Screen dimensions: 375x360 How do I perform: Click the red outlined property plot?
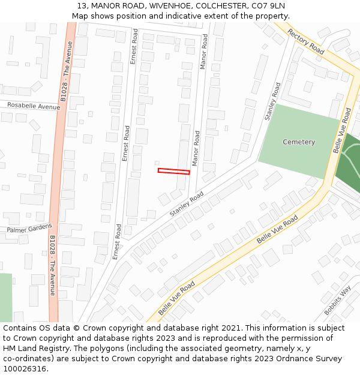173,172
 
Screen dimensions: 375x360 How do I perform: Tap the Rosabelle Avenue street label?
34,106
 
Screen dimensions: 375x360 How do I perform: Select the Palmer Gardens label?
29,229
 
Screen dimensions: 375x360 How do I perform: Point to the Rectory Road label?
305,41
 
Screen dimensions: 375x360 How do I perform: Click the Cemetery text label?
299,142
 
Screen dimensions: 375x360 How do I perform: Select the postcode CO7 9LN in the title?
268,6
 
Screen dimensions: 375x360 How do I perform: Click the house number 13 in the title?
82,6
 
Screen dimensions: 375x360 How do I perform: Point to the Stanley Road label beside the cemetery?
272,101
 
